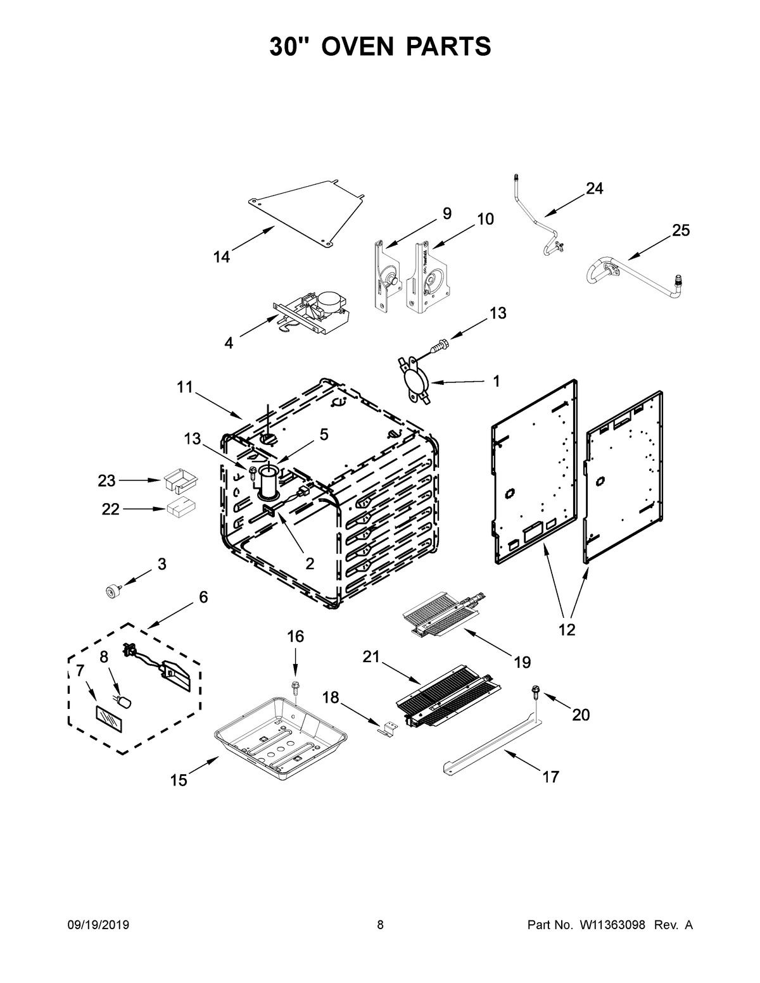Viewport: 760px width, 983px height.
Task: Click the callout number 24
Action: pos(594,188)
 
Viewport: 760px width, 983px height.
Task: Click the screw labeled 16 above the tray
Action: pos(295,686)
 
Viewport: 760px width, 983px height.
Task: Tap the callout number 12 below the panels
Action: pos(567,630)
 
